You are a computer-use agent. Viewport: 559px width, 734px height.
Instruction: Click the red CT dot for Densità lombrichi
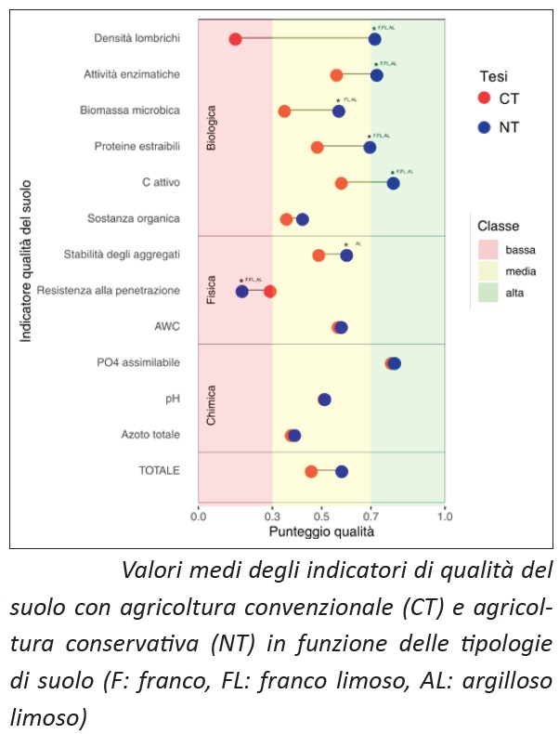(235, 39)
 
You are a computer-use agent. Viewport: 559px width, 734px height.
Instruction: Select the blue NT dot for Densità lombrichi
(374, 39)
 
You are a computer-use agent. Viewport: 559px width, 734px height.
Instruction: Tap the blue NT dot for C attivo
(393, 183)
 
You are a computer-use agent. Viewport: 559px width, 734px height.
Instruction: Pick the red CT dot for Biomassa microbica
(284, 111)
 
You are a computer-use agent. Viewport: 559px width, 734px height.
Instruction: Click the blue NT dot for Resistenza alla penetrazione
(242, 292)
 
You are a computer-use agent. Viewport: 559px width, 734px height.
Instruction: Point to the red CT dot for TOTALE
(311, 472)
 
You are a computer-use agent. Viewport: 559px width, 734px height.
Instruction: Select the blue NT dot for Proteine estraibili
(370, 147)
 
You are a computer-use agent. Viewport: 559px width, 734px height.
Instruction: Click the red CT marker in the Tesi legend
(483, 98)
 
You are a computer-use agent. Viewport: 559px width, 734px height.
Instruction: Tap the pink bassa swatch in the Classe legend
(488, 249)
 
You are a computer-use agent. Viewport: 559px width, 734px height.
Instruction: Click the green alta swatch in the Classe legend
(488, 294)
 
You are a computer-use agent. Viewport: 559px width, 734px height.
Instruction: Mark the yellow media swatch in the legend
(488, 271)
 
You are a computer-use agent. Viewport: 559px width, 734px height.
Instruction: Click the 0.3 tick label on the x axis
(272, 517)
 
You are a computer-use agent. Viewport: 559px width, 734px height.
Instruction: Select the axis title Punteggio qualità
(321, 532)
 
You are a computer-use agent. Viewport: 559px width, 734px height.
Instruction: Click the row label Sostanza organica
(134, 219)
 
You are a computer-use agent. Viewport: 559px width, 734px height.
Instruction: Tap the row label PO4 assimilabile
(138, 362)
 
